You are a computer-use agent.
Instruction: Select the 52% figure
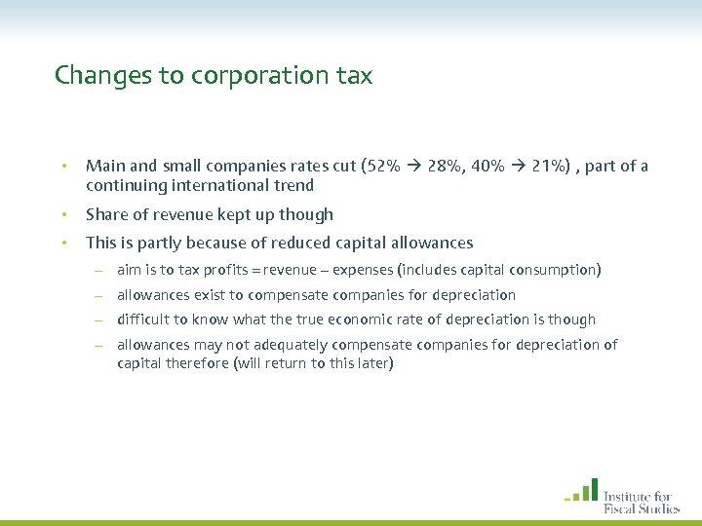[380, 166]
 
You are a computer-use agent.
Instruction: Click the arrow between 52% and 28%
[409, 167]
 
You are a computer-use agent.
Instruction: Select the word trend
[292, 185]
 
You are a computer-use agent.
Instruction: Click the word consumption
[555, 270]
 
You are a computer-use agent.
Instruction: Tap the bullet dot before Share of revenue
[62, 214]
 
